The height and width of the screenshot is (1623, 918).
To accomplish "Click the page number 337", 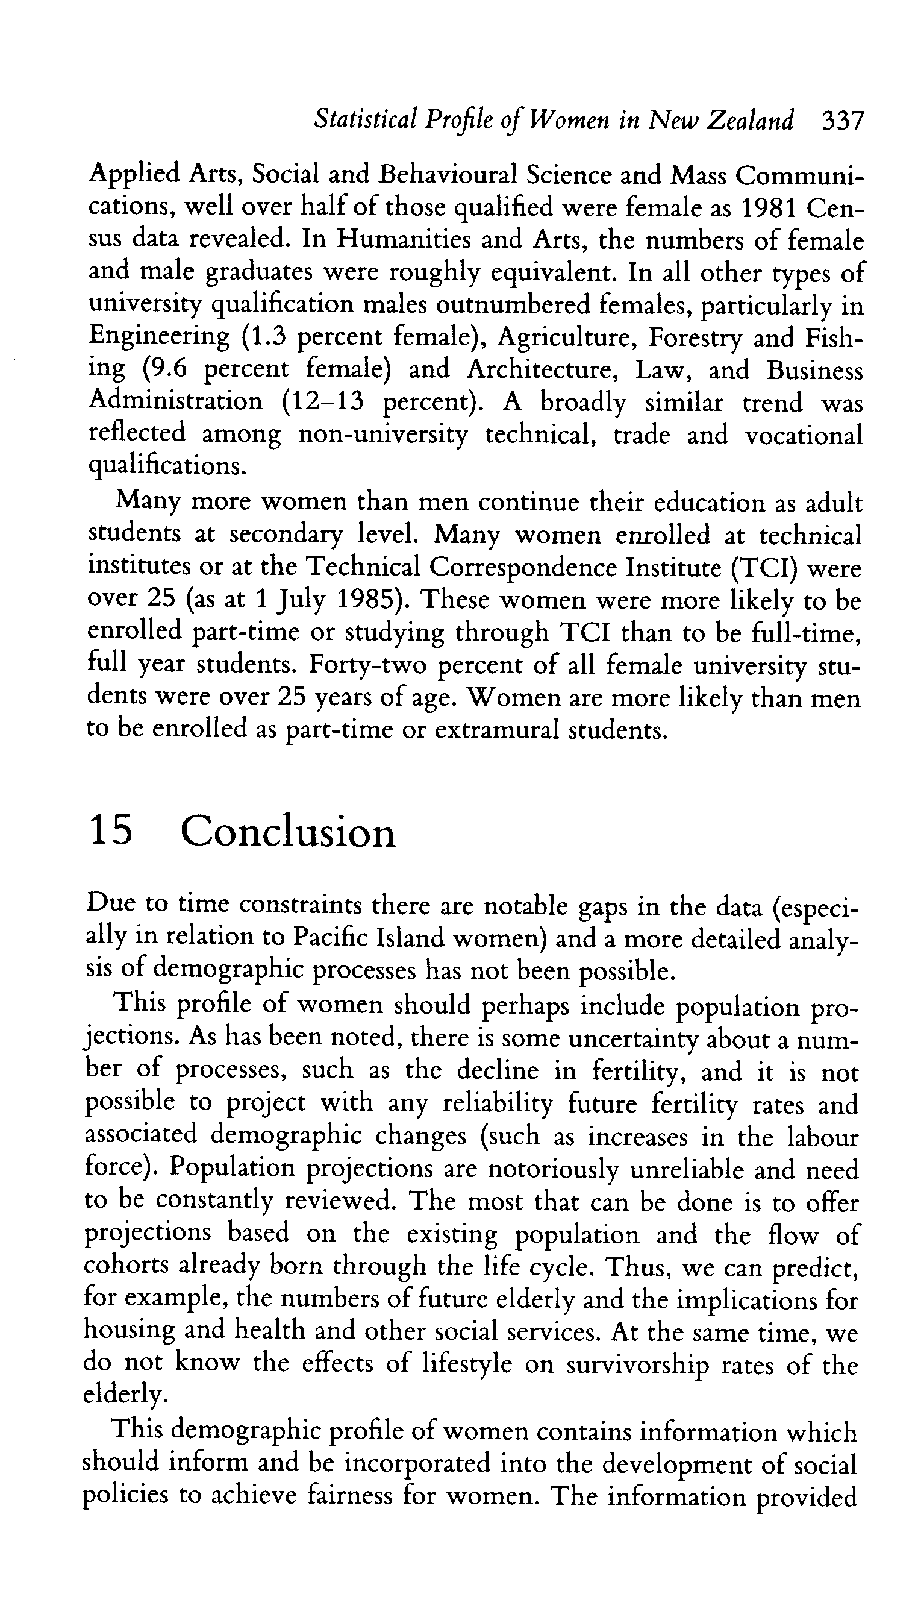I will point(842,120).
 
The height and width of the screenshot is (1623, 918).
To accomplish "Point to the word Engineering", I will point(159,337).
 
